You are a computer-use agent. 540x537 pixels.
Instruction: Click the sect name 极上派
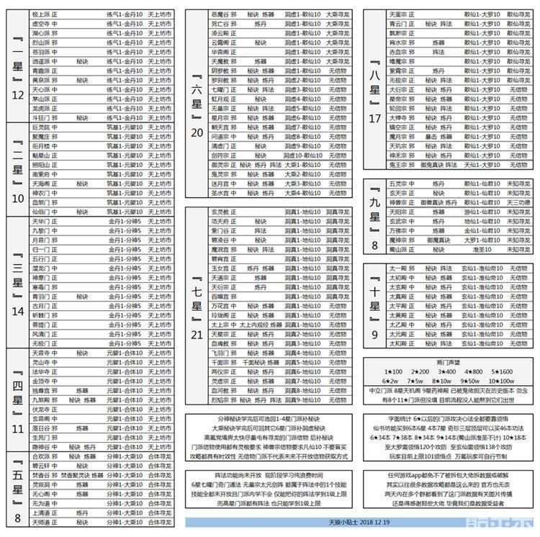[40, 14]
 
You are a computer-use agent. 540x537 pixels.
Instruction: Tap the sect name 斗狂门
[40, 117]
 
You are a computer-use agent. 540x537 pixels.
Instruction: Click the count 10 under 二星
[19, 198]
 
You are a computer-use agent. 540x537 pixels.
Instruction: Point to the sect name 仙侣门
[40, 212]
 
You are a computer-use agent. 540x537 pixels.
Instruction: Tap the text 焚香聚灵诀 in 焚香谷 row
[74, 475]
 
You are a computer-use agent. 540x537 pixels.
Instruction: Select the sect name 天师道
[40, 523]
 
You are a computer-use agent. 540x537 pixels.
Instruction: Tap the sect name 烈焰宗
[220, 400]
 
